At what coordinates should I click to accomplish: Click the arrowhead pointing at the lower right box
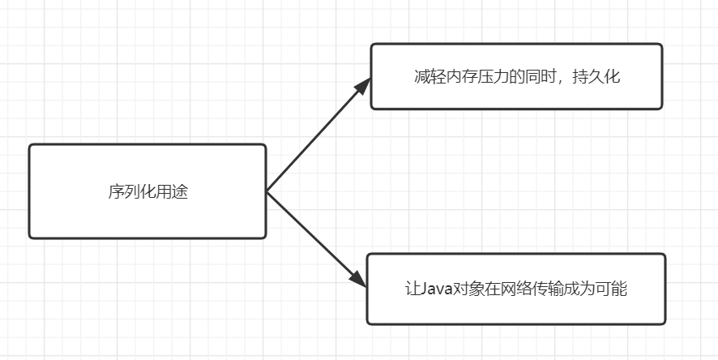[360, 278]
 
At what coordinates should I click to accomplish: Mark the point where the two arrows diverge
[267, 191]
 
